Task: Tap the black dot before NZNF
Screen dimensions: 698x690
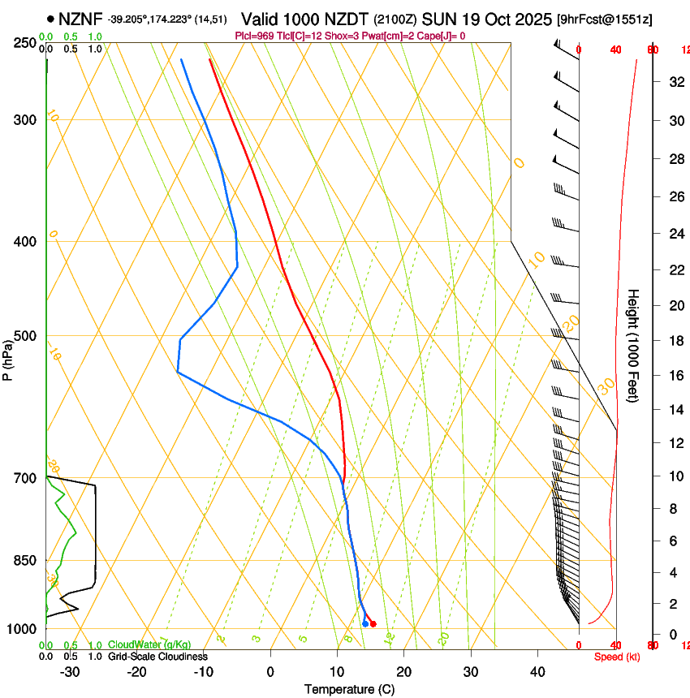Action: tap(51, 18)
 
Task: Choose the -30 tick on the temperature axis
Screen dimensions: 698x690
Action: tap(70, 671)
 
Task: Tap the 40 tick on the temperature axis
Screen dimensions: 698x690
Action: tap(537, 671)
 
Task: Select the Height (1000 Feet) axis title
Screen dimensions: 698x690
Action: tap(634, 346)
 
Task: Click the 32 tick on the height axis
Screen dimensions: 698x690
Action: tap(675, 81)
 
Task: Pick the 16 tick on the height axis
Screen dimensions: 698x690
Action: tap(675, 375)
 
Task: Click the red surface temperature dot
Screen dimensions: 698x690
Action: tap(373, 623)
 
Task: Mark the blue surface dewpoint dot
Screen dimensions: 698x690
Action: tap(364, 623)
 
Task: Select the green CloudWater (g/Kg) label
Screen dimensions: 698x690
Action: tap(149, 645)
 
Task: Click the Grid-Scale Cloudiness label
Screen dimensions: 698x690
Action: tap(157, 657)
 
